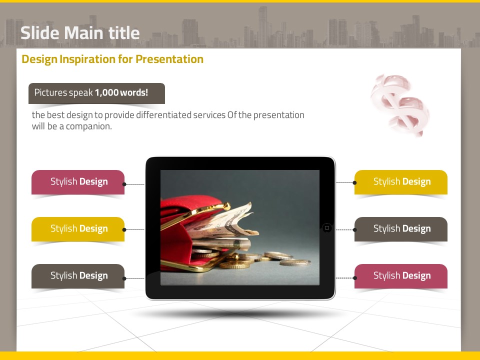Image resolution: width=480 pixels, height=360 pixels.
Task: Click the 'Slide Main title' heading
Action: [80, 33]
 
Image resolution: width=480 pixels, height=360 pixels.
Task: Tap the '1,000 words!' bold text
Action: [121, 92]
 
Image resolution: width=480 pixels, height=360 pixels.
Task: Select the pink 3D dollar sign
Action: [399, 104]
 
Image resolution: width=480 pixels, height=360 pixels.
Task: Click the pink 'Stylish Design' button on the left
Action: [78, 182]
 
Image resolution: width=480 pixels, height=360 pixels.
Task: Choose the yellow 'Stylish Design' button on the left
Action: [78, 229]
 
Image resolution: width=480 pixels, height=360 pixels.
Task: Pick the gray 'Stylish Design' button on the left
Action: [78, 276]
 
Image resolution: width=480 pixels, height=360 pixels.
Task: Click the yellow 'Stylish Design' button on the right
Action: [401, 182]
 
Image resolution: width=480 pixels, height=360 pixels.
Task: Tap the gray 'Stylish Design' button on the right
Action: [401, 229]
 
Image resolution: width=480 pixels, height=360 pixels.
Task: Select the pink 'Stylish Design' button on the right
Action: [401, 276]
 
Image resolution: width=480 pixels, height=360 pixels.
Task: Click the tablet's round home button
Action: [327, 228]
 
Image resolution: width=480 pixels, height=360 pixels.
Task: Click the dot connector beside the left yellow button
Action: [124, 229]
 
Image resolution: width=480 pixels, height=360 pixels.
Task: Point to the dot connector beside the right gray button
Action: [355, 229]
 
